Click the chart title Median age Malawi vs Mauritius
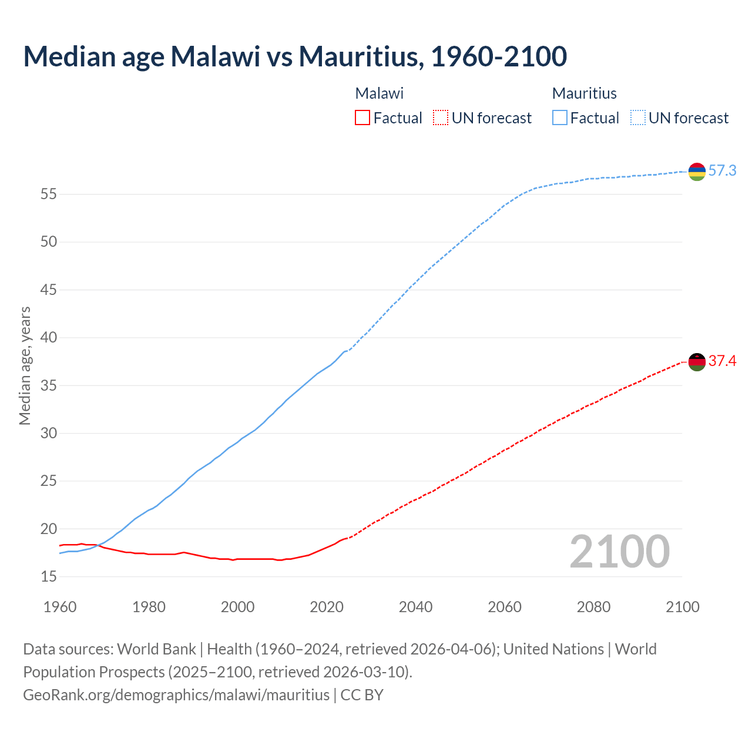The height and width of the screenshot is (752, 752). (295, 56)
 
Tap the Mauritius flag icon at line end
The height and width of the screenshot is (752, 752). (697, 172)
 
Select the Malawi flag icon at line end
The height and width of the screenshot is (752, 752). (697, 362)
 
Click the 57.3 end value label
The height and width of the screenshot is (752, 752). (722, 171)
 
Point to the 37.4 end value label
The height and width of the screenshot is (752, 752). (722, 361)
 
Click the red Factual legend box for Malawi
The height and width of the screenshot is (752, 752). (362, 118)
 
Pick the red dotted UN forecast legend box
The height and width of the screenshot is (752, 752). (441, 118)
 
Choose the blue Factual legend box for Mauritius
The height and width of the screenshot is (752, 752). (560, 118)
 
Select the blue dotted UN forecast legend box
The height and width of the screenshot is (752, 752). (637, 118)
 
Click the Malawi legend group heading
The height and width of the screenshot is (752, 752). (380, 93)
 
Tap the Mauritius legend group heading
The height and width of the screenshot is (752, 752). (585, 93)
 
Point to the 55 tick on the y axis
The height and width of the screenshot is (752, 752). (49, 194)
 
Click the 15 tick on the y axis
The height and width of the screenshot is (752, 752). (49, 577)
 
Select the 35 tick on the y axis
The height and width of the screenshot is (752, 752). (49, 385)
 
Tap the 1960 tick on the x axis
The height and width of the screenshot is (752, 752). (60, 607)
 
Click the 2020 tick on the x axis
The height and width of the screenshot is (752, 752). (327, 607)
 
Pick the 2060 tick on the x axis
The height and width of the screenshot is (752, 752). (505, 607)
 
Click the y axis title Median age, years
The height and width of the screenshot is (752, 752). (25, 365)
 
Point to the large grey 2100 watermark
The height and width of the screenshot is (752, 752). (620, 551)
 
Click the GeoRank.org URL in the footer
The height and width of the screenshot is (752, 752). (176, 695)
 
